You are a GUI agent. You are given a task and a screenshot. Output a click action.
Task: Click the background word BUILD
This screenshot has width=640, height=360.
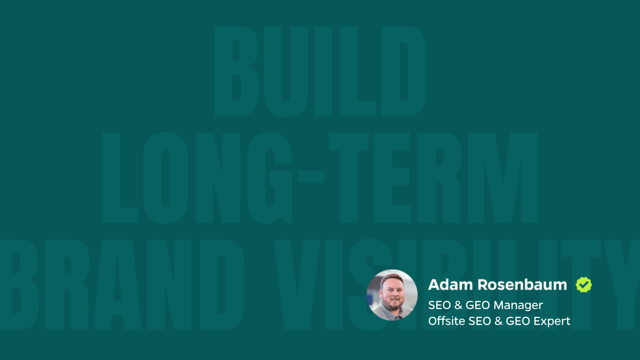click(320, 71)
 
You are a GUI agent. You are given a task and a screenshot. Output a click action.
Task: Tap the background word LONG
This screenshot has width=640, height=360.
click(197, 178)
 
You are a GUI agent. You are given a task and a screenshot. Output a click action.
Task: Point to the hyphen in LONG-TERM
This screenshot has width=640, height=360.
click(311, 177)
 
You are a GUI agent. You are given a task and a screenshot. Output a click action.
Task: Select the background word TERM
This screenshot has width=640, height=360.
click(433, 178)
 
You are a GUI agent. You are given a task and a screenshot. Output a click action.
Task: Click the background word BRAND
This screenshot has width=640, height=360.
click(122, 284)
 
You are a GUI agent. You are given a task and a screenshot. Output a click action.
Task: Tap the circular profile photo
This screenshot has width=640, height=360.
click(392, 295)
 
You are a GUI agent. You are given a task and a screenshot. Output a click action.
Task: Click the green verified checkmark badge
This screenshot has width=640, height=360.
click(584, 285)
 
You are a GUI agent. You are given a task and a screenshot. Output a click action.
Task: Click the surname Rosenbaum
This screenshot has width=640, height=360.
click(522, 285)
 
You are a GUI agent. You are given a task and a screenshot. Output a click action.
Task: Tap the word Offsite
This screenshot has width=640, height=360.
click(447, 321)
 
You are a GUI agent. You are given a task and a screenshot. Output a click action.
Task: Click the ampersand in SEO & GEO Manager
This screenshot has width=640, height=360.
click(458, 305)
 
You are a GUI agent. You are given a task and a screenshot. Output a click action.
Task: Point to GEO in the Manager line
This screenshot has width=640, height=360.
click(478, 305)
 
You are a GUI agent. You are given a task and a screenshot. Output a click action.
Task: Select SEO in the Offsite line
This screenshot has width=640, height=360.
click(480, 321)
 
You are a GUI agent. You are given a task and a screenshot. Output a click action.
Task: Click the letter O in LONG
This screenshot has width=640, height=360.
click(166, 178)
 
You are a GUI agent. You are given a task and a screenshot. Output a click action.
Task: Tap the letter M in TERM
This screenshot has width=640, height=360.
click(503, 178)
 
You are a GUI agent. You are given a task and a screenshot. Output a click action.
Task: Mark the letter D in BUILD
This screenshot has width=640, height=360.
click(404, 71)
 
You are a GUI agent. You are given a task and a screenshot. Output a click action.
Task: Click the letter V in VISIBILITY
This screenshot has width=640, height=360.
click(297, 284)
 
